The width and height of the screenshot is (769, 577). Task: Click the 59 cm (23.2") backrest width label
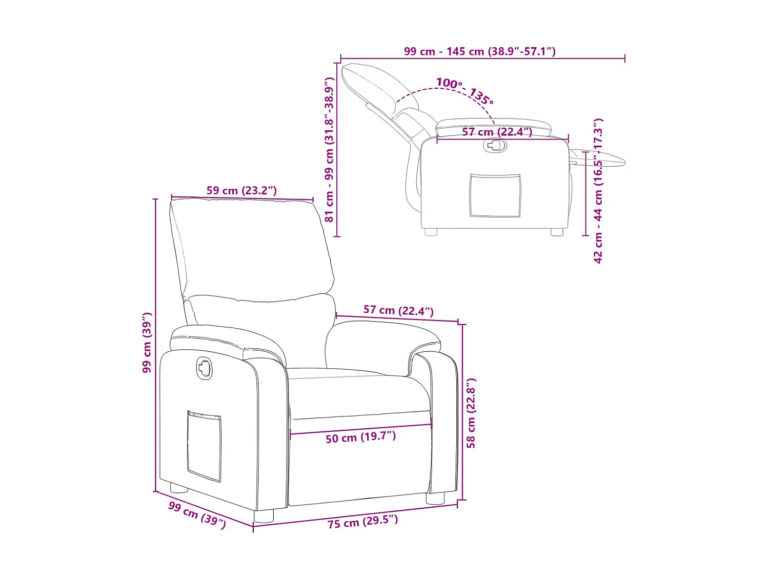coord(241,190)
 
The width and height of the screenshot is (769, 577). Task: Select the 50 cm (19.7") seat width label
coord(360,437)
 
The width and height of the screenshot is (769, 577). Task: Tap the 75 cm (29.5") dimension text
coord(362,522)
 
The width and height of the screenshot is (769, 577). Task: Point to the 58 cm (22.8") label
coord(471,413)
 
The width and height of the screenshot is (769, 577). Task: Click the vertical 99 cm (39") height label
coord(147,342)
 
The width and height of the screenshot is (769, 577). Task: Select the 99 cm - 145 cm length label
coord(479,51)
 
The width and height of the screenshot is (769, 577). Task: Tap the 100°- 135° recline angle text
coord(464,90)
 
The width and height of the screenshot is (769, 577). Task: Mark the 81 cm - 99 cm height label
coord(329,150)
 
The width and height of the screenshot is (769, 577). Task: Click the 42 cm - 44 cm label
coord(598,191)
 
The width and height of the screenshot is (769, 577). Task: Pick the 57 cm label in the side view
coord(497,132)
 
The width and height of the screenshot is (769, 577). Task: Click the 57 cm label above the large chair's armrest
coord(398,310)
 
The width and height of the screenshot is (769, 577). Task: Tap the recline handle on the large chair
coord(204,367)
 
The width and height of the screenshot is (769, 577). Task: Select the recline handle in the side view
coord(495,146)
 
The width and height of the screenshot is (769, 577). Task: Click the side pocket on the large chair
coord(204,445)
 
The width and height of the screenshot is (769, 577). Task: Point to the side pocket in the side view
coord(495,195)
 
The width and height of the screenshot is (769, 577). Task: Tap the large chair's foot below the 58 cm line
coord(435,498)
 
